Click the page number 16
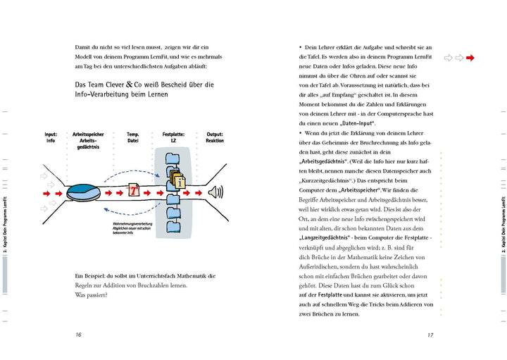tap(78, 335)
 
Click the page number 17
tap(429, 335)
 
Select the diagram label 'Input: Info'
tap(51, 137)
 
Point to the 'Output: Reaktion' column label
tap(215, 137)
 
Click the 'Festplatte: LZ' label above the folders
tap(173, 137)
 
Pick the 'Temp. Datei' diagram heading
tap(133, 137)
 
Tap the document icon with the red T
tap(134, 191)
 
